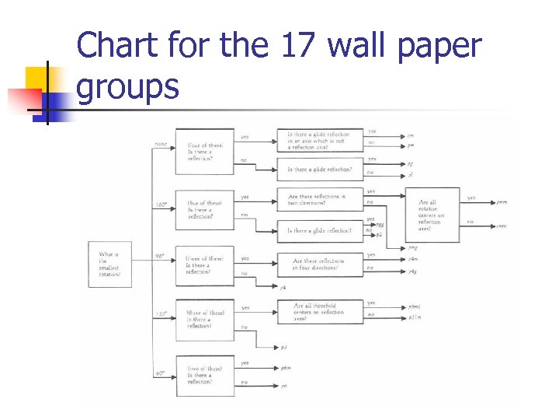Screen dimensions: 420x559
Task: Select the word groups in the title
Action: point(128,86)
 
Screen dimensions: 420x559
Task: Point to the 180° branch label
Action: point(161,205)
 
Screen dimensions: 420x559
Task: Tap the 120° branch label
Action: point(161,314)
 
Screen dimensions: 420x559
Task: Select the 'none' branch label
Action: point(161,143)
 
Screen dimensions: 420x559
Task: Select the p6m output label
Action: point(286,366)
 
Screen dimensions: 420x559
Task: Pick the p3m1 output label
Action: point(415,306)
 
